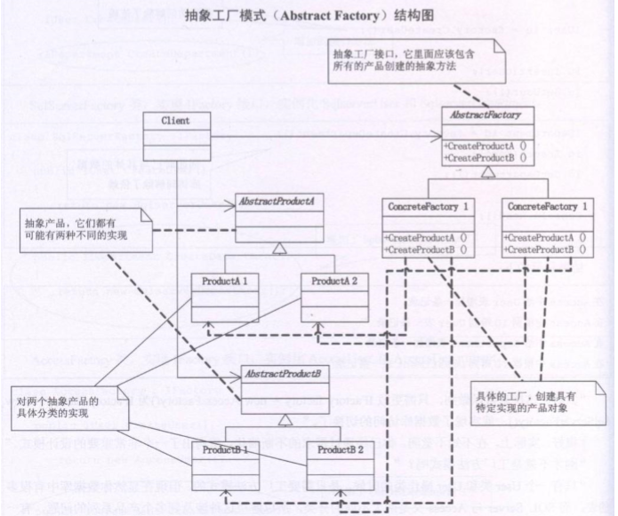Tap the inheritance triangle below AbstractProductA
[276, 255]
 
